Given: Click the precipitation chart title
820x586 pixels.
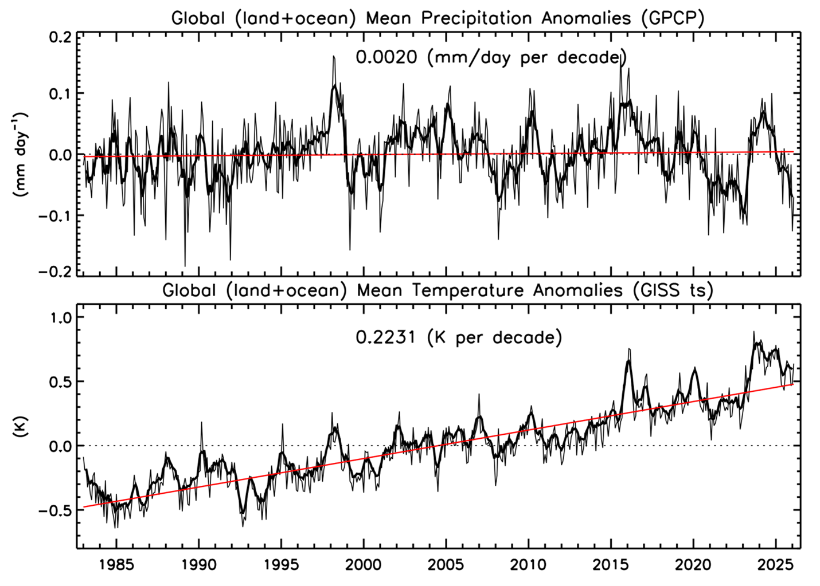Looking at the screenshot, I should (x=438, y=18).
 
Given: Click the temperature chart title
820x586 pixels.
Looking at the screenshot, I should (x=438, y=290).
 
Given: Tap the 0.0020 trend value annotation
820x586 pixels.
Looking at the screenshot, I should (x=386, y=58).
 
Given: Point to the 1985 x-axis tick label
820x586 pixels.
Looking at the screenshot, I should (x=116, y=565).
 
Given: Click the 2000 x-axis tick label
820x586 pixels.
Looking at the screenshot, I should (x=364, y=565).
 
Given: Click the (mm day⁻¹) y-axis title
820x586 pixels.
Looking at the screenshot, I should (x=21, y=155).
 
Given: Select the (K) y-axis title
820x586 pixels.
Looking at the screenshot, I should (x=21, y=427).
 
